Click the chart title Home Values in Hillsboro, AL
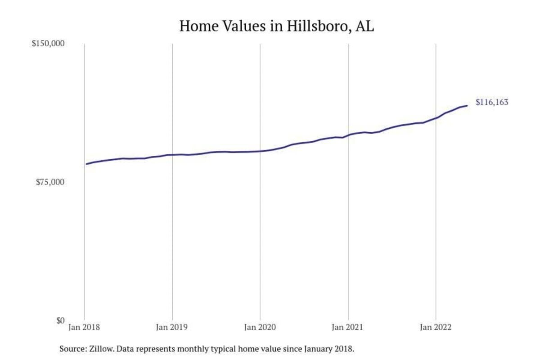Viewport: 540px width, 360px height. [277, 26]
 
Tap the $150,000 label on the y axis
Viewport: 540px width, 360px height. [48, 44]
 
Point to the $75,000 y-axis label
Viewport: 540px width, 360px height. [50, 182]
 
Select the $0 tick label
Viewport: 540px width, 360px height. [60, 320]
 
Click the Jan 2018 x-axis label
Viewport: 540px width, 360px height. [85, 328]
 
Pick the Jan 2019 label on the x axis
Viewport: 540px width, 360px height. [172, 328]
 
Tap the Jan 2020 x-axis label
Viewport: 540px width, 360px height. [260, 328]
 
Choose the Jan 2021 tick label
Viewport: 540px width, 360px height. [348, 328]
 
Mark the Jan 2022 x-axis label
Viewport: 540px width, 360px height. [436, 328]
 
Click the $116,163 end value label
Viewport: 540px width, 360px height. [492, 102]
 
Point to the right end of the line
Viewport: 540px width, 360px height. [467, 106]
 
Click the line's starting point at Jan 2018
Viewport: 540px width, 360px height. [86, 164]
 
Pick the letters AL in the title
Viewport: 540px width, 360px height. [365, 26]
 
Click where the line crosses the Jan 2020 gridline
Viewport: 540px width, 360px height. [260, 151]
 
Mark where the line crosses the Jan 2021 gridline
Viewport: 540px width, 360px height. [348, 135]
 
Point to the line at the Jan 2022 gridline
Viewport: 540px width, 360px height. [436, 118]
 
